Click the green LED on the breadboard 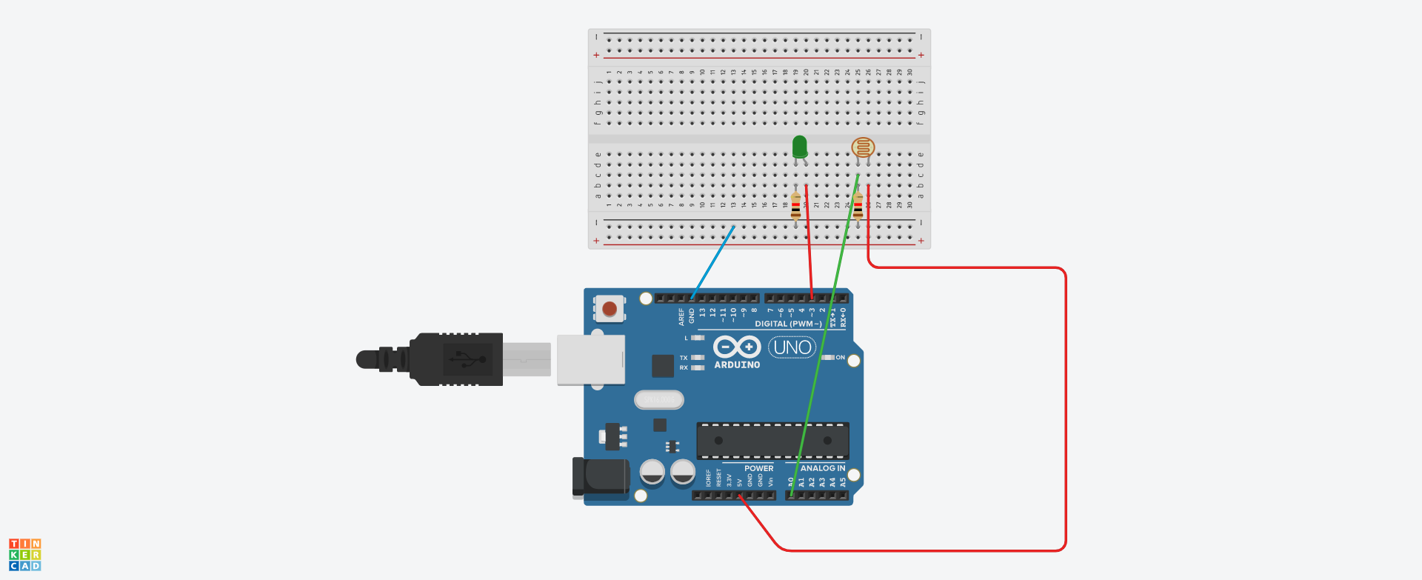[x=799, y=147]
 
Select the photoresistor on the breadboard [x=863, y=147]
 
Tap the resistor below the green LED [x=795, y=207]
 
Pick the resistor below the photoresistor [x=858, y=207]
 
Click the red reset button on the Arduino [x=610, y=308]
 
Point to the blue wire [x=712, y=262]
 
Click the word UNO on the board [x=792, y=347]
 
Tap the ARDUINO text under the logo [x=737, y=364]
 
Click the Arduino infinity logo [x=737, y=347]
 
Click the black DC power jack [x=600, y=477]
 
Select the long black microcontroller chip [x=772, y=441]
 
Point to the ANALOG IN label [x=822, y=468]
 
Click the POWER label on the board [x=758, y=468]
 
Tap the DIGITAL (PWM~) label [x=788, y=324]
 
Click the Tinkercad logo [x=24, y=555]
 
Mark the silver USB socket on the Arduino [x=590, y=360]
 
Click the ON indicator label [x=840, y=357]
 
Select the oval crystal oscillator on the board [x=658, y=400]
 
